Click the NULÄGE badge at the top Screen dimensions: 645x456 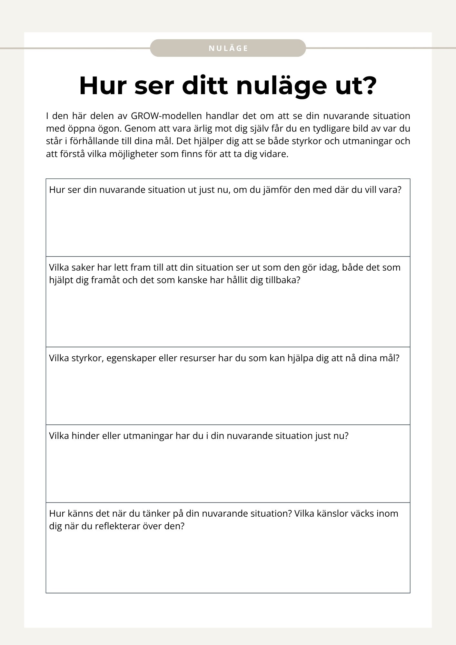coord(228,48)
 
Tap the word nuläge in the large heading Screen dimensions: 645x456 coord(282,86)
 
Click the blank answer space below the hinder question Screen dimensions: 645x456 coord(228,471)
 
